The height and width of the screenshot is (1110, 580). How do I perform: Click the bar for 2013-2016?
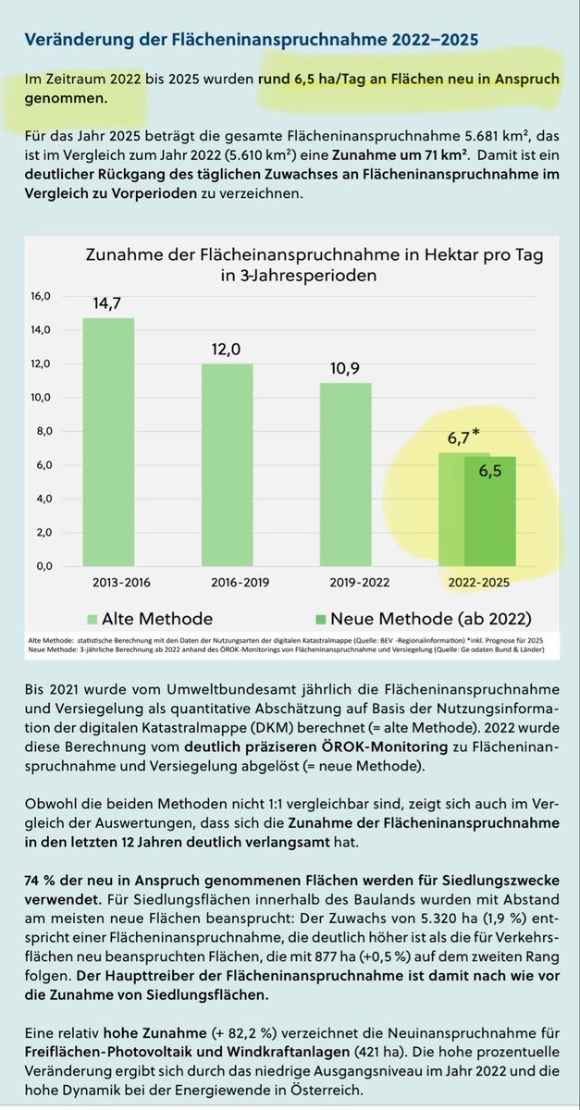click(x=108, y=441)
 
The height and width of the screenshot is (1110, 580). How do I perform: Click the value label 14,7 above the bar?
click(x=108, y=302)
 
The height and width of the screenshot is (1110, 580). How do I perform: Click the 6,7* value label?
click(x=460, y=437)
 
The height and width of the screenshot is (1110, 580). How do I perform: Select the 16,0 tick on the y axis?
click(x=43, y=297)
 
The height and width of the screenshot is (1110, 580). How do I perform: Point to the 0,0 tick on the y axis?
click(x=43, y=566)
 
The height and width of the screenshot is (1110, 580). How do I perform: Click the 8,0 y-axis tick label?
click(x=43, y=432)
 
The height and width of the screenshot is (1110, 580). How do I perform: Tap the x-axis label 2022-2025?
click(x=478, y=585)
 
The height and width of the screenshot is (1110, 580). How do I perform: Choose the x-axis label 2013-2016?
click(x=108, y=585)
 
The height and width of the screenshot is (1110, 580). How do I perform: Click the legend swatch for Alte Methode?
click(x=90, y=619)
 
